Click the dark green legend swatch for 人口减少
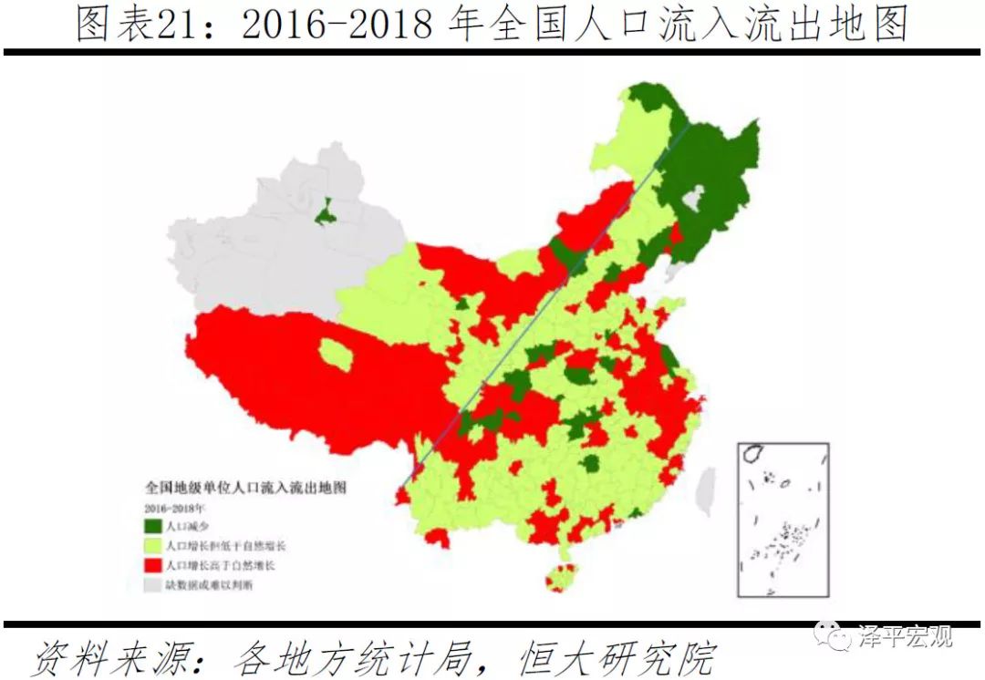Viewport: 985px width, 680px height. [153, 526]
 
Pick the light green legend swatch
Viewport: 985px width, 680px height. [153, 546]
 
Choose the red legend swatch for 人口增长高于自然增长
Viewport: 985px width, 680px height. [153, 566]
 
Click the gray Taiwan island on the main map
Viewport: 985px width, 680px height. [706, 493]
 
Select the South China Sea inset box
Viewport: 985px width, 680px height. [783, 520]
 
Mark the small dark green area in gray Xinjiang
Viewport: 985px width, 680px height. [325, 214]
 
